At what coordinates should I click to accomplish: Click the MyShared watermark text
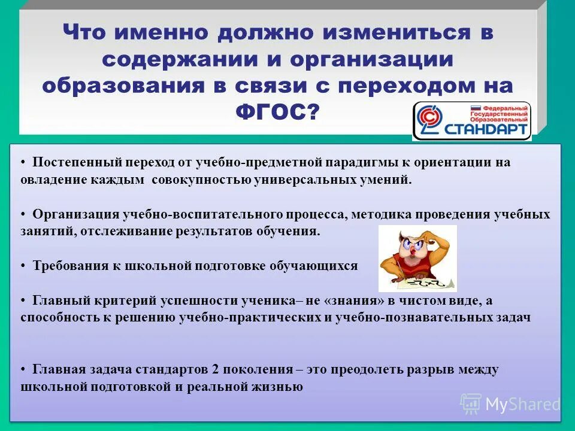coord(522,404)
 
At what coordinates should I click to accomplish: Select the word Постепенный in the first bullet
coord(70,162)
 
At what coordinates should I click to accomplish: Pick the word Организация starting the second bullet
coord(77,214)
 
